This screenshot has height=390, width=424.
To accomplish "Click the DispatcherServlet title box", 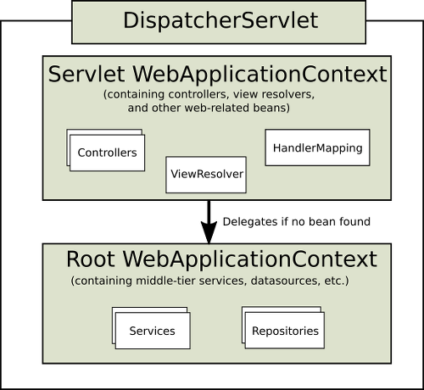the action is coord(219,22).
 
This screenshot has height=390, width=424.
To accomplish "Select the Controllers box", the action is coord(107,153).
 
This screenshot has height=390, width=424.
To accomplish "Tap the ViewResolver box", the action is coord(206,175).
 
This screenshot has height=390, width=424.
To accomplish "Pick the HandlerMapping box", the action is coord(317,148).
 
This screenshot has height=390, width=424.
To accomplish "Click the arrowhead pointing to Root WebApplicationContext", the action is coord(209,232).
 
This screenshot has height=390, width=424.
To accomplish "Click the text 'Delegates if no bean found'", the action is coord(297,222).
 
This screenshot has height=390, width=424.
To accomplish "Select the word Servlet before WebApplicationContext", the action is coord(86,74).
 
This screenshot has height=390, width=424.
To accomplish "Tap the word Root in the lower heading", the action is coord(91,259).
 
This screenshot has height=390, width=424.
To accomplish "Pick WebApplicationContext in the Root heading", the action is coord(250,259).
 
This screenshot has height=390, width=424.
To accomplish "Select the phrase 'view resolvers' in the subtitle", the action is coord(274,94).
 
